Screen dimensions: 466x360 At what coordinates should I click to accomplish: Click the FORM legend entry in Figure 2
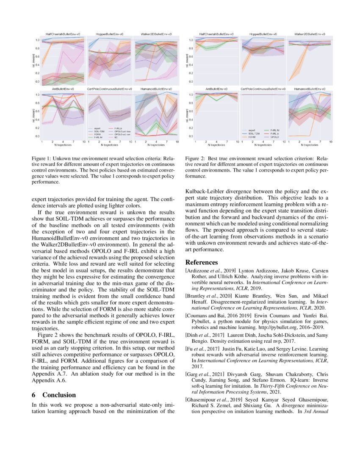tap(252, 137)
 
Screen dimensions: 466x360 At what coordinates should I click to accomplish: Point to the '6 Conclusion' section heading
tap(54, 395)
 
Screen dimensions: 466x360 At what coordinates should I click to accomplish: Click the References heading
tap(202, 262)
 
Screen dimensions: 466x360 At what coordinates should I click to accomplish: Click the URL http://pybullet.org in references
tap(274, 327)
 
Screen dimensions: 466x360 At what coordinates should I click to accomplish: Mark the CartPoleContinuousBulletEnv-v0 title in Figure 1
tap(109, 89)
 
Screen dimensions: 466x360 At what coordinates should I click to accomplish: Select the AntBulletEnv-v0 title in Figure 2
tap(217, 89)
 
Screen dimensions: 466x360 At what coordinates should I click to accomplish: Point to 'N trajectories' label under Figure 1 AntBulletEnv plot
tap(63, 144)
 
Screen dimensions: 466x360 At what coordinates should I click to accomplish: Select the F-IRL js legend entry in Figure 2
tap(273, 134)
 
